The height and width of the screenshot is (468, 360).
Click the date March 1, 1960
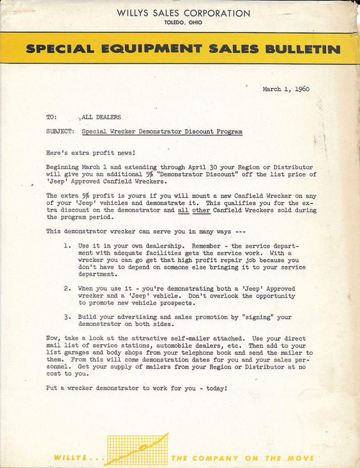click(x=286, y=89)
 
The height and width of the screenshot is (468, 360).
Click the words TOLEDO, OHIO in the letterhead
click(x=183, y=22)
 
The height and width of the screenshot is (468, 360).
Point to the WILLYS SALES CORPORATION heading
click(x=183, y=13)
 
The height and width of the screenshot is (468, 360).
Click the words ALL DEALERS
click(x=101, y=117)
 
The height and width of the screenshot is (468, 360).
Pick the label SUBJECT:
click(x=60, y=132)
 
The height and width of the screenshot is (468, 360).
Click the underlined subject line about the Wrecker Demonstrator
click(x=162, y=132)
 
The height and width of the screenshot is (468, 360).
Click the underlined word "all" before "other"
click(x=183, y=210)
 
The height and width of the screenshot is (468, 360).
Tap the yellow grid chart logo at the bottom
click(x=137, y=449)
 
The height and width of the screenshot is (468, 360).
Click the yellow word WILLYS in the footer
click(x=69, y=458)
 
